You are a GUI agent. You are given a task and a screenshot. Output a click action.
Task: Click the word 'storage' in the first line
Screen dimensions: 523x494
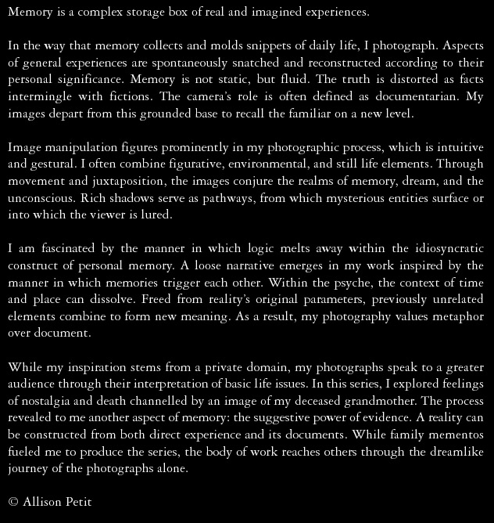(x=161, y=13)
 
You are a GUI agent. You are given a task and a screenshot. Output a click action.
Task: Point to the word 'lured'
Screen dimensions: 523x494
(x=155, y=215)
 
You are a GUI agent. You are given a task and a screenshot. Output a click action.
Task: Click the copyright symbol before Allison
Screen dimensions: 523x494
(x=13, y=502)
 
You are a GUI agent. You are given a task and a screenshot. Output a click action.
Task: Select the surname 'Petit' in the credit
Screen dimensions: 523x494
(x=77, y=502)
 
